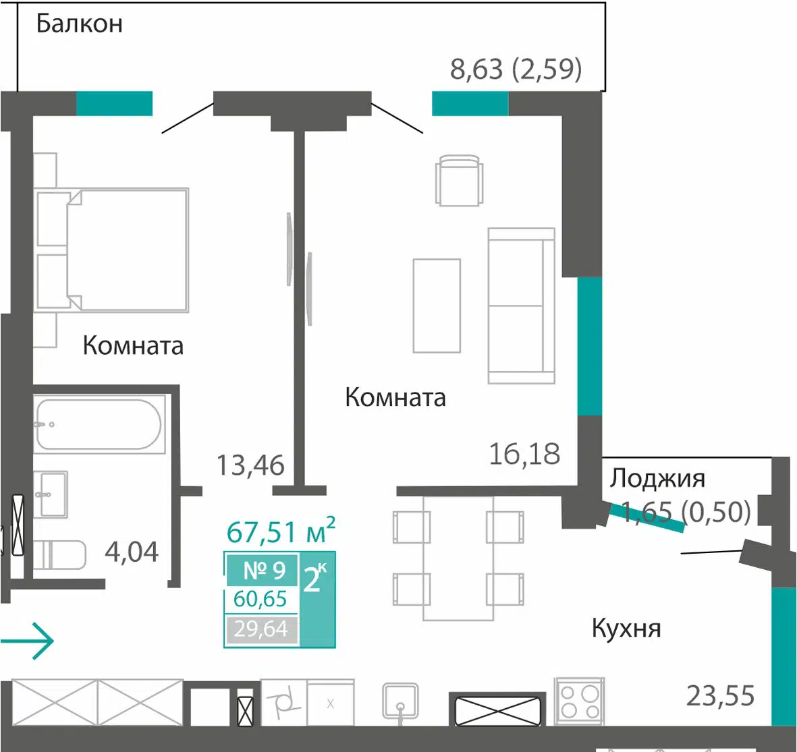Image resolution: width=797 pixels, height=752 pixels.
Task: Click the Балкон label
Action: coord(79,24)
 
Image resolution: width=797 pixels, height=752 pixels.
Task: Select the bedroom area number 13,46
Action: coord(250,465)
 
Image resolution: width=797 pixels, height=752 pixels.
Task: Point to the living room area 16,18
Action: coord(524,454)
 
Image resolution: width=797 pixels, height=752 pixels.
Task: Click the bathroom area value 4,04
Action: coord(132,552)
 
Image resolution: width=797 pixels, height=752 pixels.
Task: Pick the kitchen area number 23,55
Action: coord(720,695)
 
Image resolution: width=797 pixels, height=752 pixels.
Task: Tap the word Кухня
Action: coord(626,629)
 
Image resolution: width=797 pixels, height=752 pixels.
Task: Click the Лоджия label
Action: coord(657,478)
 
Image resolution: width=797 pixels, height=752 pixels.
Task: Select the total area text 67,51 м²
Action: coord(281,531)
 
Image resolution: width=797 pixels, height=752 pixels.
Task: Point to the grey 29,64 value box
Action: coord(261,629)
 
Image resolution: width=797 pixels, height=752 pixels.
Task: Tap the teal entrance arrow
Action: coord(27,641)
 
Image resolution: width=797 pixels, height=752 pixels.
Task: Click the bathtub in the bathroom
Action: coord(99,424)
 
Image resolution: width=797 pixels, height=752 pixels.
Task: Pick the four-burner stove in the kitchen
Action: coord(580,701)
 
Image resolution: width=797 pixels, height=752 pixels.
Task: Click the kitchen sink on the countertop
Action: coord(401,701)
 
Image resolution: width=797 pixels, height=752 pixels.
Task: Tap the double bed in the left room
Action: coord(111,250)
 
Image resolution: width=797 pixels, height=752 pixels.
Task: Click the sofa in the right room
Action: coord(521,306)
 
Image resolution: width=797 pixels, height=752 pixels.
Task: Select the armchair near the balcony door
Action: coord(459,180)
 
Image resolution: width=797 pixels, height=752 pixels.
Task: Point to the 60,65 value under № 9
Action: coord(260,600)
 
